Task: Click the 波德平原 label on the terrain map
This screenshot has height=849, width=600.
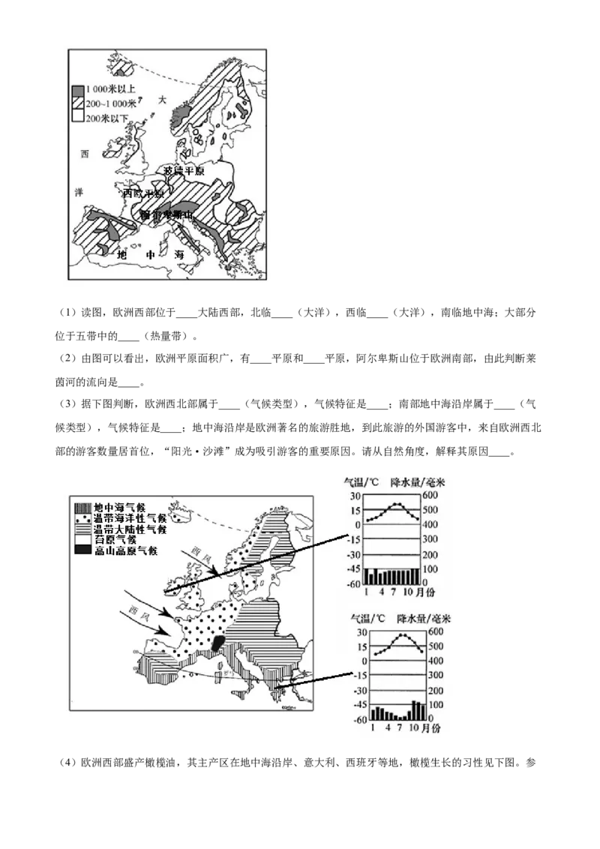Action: point(183,171)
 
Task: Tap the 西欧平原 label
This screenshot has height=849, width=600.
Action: point(143,193)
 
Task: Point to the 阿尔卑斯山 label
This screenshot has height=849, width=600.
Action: point(168,216)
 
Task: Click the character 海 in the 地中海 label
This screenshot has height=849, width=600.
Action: point(179,255)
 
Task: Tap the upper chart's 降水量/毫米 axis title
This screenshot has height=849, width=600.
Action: point(421,481)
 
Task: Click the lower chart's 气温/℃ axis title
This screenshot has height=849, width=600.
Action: point(368,619)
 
